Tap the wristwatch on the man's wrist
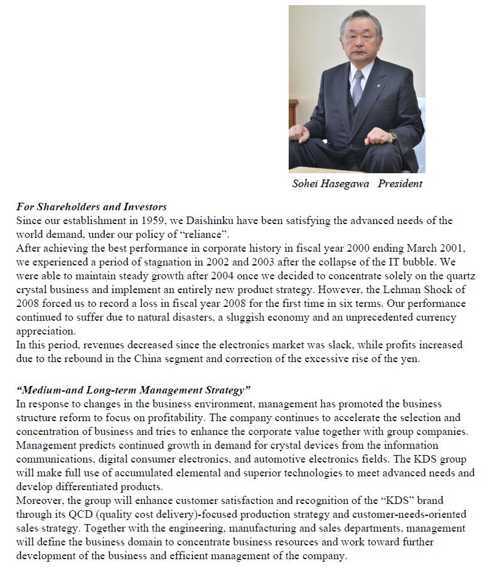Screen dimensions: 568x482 (393, 137)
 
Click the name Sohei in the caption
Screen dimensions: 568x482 (306, 184)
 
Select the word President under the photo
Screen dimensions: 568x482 (400, 184)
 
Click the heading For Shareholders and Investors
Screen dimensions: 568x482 (92, 206)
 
